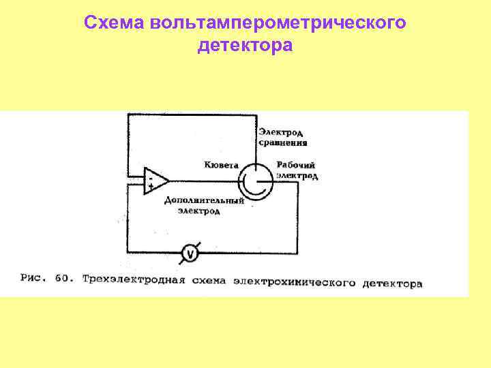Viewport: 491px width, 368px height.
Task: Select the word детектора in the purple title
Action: [245, 46]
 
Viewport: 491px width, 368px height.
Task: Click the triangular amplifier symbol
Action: [155, 181]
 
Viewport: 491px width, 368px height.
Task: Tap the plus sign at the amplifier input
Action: [150, 186]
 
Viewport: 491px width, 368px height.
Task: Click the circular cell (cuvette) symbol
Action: [254, 181]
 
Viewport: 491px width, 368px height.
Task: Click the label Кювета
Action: [220, 165]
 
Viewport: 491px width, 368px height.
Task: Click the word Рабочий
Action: [295, 165]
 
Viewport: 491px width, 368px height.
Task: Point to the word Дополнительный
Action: [204, 201]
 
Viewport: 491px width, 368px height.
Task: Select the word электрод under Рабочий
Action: [297, 176]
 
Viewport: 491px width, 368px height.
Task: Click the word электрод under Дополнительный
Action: [199, 212]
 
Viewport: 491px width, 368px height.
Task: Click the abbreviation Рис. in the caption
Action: [33, 278]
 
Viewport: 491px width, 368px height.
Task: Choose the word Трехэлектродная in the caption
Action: [130, 279]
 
